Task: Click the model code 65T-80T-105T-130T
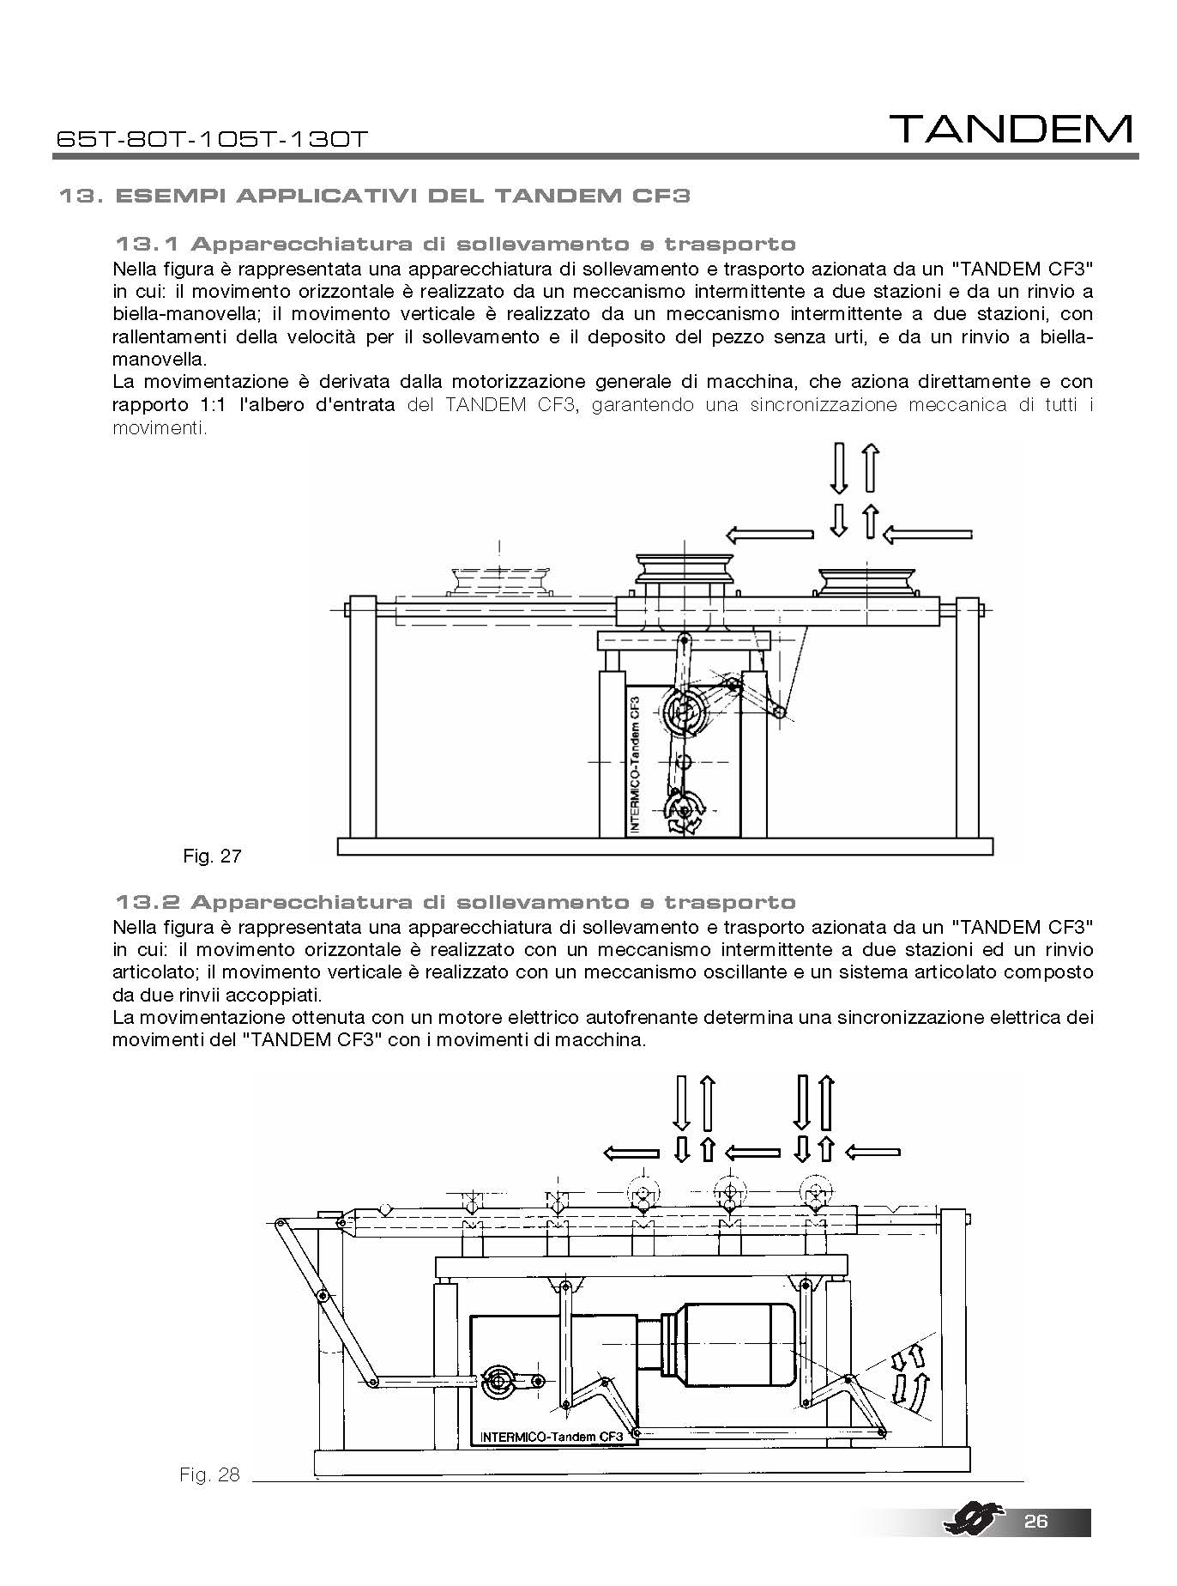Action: [x=211, y=139]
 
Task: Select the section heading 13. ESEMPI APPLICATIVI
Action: [x=374, y=196]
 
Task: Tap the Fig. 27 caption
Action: [x=212, y=856]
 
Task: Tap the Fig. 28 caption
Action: [x=209, y=1474]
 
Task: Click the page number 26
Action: [x=1035, y=1521]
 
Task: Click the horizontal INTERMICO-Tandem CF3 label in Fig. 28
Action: [x=551, y=1436]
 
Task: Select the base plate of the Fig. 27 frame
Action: [x=666, y=846]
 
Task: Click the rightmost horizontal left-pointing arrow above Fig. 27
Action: [x=927, y=535]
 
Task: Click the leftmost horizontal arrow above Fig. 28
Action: [x=632, y=1153]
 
